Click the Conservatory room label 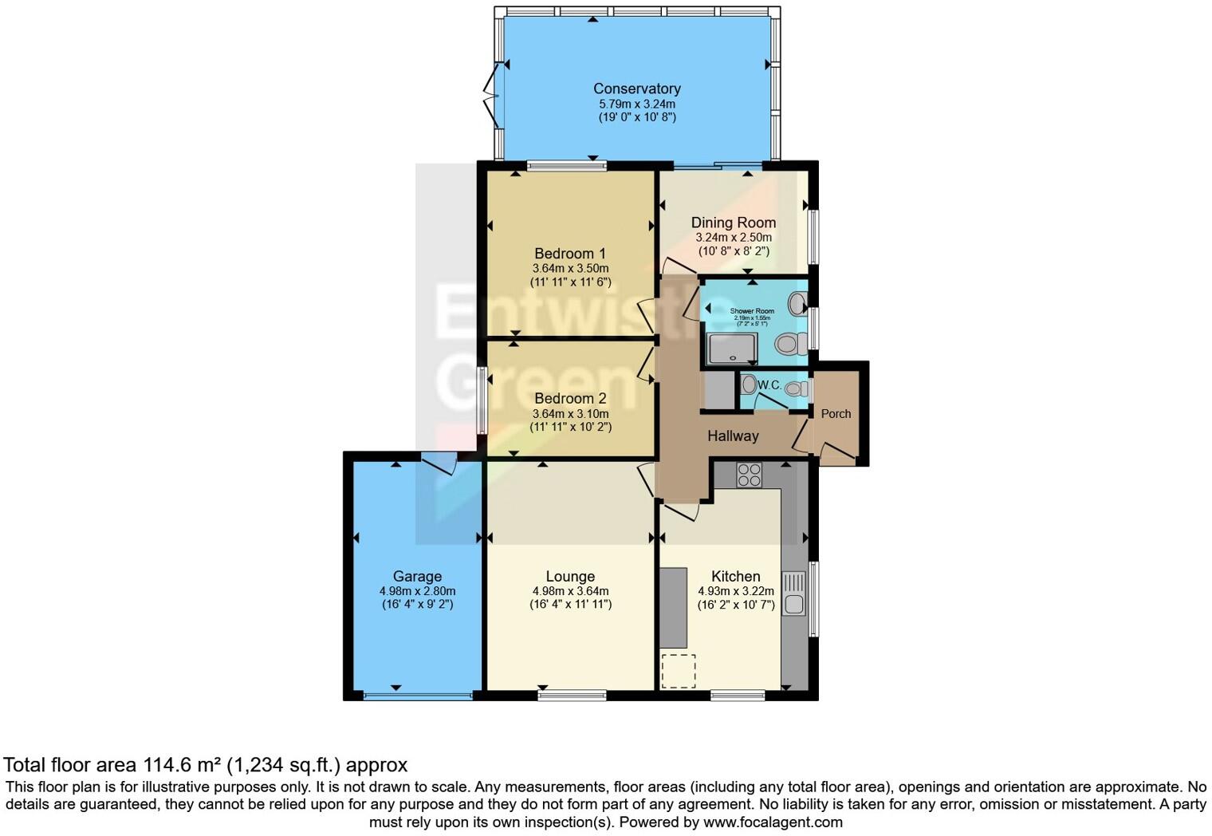coord(636,89)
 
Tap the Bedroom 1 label coord(570,254)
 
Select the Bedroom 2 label coord(570,398)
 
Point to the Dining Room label coord(733,223)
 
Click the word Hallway coord(733,436)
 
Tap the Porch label coord(836,413)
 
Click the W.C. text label coord(769,385)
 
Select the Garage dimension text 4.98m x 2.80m coord(417,591)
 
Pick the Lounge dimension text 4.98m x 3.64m coord(570,591)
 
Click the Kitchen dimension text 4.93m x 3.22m coord(735,591)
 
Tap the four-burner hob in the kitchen coord(749,475)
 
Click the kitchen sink coord(794,593)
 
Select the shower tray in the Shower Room coord(732,349)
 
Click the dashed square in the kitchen coord(679,671)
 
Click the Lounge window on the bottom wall coord(572,696)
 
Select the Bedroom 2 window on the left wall coord(482,400)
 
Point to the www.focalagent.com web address coord(772,822)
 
